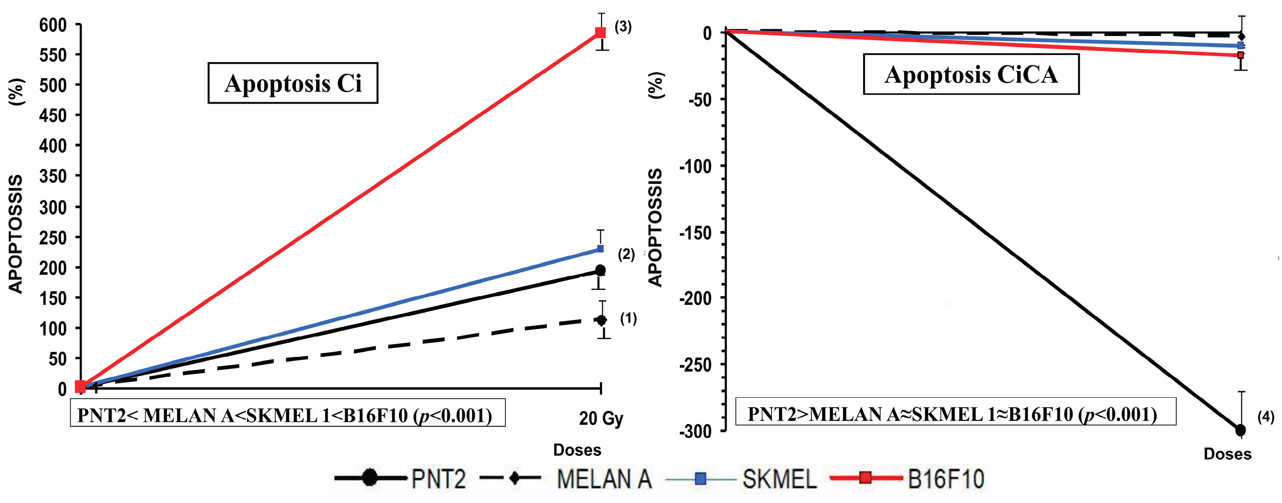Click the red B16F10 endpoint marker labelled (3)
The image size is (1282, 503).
tap(601, 33)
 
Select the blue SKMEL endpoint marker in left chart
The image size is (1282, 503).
tap(600, 249)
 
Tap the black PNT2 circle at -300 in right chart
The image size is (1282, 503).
tap(1240, 430)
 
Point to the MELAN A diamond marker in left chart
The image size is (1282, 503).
tap(602, 320)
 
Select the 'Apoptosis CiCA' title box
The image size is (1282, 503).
tap(971, 75)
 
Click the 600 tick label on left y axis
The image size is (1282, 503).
tap(53, 25)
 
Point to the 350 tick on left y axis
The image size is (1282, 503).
tap(53, 176)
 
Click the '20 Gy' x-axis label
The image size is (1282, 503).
tap(601, 418)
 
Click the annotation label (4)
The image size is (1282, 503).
tap(1266, 417)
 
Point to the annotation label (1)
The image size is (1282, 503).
tap(628, 318)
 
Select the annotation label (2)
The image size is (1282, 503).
tap(626, 254)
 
